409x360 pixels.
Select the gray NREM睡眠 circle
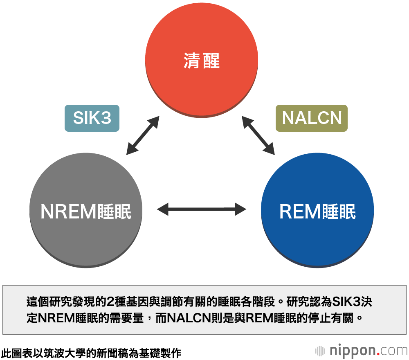click(x=86, y=237)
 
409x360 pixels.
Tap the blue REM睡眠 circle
click(x=317, y=241)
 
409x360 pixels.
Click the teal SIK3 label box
click(x=92, y=118)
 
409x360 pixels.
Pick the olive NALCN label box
click(x=312, y=118)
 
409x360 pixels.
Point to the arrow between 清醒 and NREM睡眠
click(x=143, y=135)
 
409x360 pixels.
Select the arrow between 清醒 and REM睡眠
click(x=258, y=135)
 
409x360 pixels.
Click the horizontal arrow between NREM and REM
click(x=202, y=210)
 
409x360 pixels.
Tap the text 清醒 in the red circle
click(x=202, y=61)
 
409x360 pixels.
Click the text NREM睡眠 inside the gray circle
click(x=86, y=212)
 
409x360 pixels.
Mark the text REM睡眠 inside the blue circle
click(x=317, y=212)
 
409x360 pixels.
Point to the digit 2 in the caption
click(x=110, y=302)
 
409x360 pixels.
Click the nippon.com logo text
click(x=368, y=351)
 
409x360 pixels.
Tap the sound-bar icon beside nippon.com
click(x=320, y=351)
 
